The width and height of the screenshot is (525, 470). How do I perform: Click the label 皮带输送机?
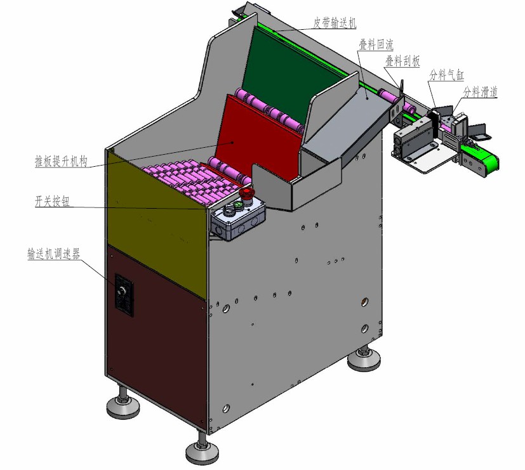(335, 22)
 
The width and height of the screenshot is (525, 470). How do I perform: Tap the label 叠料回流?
(376, 44)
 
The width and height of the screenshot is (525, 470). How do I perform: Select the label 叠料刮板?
(402, 62)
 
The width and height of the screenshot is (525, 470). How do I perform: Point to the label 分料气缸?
(446, 75)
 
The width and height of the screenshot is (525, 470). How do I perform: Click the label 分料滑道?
(480, 92)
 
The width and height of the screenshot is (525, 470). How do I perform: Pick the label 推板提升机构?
(62, 161)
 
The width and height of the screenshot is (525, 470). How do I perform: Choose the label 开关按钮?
(52, 201)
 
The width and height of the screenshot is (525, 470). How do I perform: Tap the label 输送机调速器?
(53, 254)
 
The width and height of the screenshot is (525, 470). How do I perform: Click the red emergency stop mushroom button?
(246, 195)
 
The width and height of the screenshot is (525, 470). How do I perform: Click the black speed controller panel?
(124, 295)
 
